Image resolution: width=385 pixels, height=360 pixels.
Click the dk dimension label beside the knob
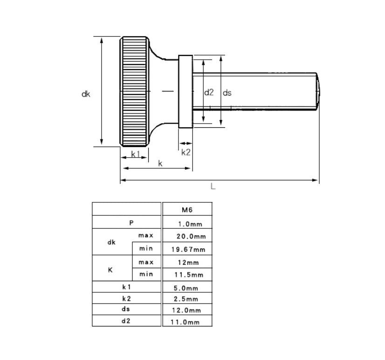tap(85, 94)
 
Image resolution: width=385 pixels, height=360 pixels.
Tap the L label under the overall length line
tap(213, 186)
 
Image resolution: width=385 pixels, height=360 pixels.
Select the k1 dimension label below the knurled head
tap(135, 154)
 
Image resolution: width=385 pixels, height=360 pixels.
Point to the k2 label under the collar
tap(186, 152)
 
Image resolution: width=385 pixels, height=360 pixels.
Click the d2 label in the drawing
tap(208, 92)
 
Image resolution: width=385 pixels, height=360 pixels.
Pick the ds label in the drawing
tap(227, 92)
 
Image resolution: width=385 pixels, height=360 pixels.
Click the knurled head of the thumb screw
tap(135, 91)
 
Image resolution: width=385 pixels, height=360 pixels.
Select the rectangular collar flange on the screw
tap(186, 91)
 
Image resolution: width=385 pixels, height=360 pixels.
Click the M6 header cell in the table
tap(187, 209)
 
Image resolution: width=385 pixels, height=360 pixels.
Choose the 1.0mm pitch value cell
tap(187, 223)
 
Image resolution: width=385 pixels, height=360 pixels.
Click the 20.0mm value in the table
tap(187, 236)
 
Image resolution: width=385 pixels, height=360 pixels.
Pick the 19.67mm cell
tap(187, 249)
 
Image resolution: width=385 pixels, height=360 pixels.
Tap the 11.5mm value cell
tap(187, 275)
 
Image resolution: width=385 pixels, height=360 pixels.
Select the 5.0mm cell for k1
tap(187, 287)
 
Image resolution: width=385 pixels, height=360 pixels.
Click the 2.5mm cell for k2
tap(187, 299)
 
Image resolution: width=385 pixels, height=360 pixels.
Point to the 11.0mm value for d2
tap(187, 322)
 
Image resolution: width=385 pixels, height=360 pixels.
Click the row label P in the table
tap(131, 222)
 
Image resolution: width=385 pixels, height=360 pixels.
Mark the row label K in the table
tap(110, 269)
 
